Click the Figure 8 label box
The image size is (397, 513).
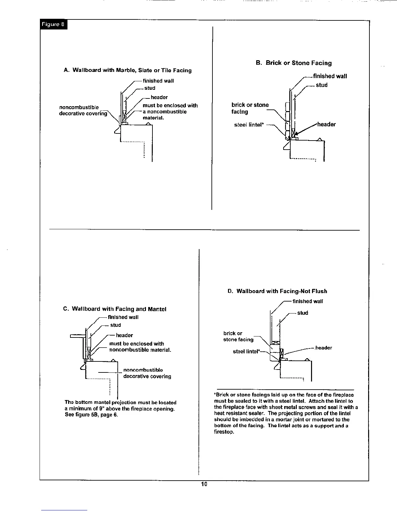[x=54, y=24]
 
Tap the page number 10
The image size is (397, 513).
[x=204, y=484]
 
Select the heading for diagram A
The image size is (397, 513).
[x=127, y=70]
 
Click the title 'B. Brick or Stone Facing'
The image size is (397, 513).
[x=294, y=63]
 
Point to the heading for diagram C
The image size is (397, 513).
[x=114, y=309]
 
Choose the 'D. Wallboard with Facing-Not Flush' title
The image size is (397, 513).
[x=277, y=291]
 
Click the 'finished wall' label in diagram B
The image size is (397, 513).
[x=330, y=76]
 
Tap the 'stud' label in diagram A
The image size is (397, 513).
[x=150, y=88]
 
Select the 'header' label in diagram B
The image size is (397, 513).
[x=326, y=124]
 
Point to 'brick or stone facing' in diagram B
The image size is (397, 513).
[x=250, y=108]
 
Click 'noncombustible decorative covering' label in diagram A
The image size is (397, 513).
[x=83, y=110]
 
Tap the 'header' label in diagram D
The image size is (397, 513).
[x=323, y=348]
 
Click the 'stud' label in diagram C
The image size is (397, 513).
[x=115, y=325]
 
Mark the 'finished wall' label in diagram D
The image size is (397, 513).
[x=307, y=302]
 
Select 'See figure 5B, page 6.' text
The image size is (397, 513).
[x=91, y=415]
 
